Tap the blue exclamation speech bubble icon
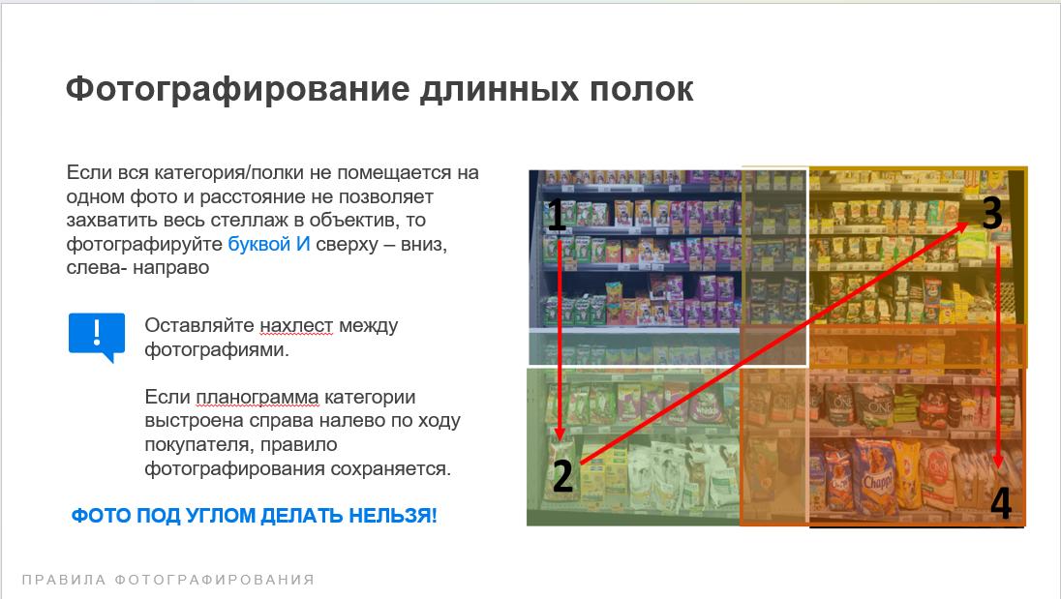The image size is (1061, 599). click(97, 337)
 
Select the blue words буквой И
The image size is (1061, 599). click(268, 244)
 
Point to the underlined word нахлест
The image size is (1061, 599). click(296, 326)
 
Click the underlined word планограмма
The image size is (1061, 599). click(258, 397)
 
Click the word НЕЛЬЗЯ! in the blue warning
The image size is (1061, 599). click(393, 516)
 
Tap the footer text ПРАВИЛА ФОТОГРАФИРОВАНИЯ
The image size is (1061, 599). click(168, 580)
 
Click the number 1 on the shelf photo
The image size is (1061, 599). click(556, 214)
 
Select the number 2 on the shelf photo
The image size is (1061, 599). click(563, 476)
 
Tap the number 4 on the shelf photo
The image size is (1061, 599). click(1001, 502)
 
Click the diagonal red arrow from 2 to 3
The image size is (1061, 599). click(774, 344)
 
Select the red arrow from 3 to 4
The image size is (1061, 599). click(997, 357)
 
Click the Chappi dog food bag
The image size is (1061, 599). click(875, 477)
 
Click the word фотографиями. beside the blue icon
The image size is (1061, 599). click(217, 350)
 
